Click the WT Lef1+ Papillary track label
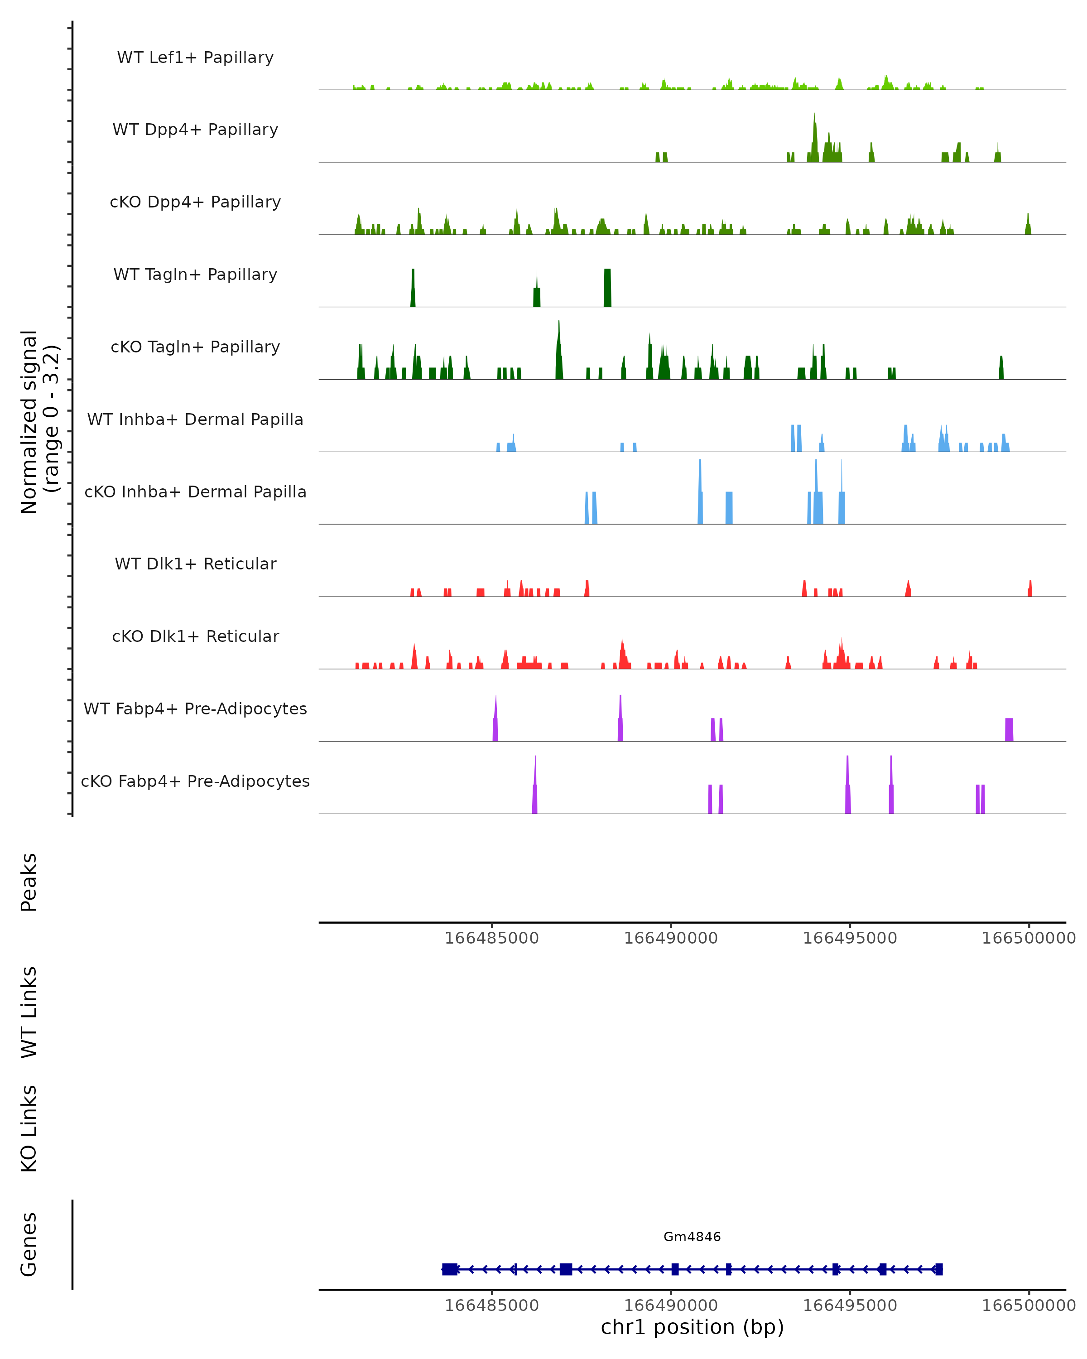(195, 58)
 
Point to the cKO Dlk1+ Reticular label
(195, 636)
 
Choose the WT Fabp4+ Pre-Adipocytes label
(195, 708)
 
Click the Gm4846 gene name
(692, 1236)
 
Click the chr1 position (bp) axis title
(692, 1327)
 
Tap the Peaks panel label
(29, 882)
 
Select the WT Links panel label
(29, 1012)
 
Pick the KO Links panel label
(29, 1128)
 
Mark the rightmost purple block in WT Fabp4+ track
(1009, 729)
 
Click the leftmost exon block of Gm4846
(450, 1269)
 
